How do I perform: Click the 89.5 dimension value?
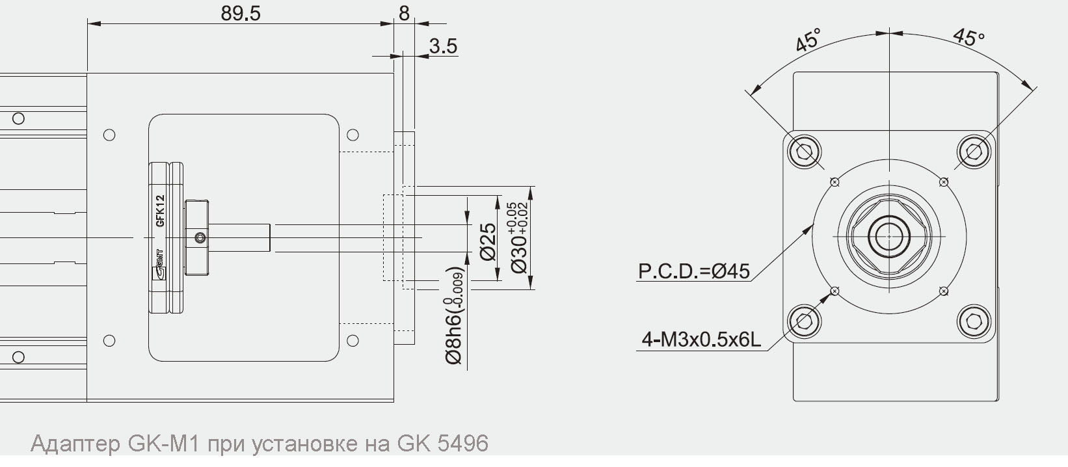point(240,13)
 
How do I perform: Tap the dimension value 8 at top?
point(404,13)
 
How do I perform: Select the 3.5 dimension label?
point(443,46)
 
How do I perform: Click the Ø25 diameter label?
point(488,241)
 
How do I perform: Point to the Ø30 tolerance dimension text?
point(519,237)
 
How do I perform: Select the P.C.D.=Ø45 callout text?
point(693,271)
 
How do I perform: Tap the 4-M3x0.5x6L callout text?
point(701,339)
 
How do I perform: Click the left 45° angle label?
point(808,40)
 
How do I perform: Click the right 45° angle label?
point(969,37)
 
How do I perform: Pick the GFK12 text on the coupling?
point(160,210)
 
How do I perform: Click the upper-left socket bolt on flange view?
point(804,152)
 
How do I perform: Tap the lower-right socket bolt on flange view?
point(974,321)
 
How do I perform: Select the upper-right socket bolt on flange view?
point(974,152)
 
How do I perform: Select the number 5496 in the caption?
point(462,444)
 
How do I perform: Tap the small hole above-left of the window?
point(109,135)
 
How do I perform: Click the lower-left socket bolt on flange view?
point(804,321)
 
